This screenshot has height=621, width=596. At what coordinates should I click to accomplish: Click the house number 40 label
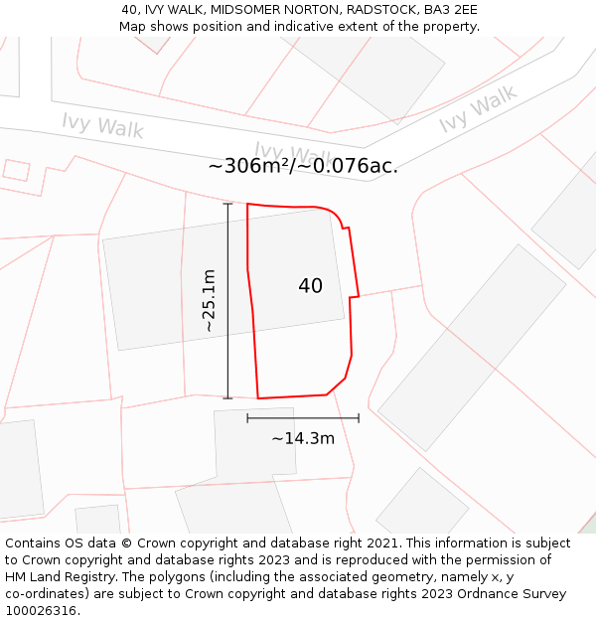310,286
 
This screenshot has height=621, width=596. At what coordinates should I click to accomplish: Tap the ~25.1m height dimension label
209,300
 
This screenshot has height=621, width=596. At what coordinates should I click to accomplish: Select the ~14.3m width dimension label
303,438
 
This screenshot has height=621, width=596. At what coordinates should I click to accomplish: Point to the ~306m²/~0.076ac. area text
303,166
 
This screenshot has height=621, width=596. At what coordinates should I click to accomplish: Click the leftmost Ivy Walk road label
102,125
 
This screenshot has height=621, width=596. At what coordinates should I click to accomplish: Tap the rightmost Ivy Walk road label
478,109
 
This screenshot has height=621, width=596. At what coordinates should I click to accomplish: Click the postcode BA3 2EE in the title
453,10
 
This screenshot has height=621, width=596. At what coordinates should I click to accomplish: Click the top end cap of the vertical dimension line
227,204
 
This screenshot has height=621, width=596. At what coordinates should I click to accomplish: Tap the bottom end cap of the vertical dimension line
227,398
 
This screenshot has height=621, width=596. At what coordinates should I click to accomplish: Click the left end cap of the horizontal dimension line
247,418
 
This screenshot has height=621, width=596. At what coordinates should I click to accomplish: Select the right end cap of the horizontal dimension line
359,418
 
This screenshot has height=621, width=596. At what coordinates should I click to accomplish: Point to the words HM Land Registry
59,577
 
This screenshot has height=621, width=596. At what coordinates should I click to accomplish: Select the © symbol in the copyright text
126,543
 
